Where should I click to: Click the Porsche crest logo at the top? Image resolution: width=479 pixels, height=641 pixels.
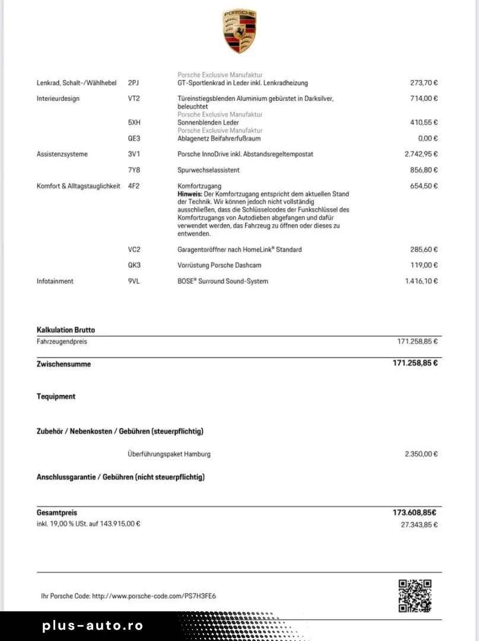(239, 31)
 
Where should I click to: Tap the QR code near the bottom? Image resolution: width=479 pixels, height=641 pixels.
(414, 595)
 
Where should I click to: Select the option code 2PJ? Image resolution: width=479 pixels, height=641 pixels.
(134, 83)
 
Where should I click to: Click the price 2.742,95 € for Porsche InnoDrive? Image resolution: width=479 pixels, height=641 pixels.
(421, 154)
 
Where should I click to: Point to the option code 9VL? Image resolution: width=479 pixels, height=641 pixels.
(134, 281)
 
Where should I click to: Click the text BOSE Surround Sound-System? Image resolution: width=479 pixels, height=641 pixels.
(223, 281)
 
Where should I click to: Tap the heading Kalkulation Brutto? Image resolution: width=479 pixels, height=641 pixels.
(66, 330)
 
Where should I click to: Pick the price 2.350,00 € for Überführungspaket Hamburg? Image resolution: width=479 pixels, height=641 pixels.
(421, 454)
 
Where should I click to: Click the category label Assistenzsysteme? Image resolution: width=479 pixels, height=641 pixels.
(62, 154)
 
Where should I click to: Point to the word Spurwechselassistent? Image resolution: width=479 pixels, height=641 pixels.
(208, 170)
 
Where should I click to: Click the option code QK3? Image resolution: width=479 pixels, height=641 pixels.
(134, 265)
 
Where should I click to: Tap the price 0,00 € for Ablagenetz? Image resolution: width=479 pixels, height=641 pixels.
(427, 138)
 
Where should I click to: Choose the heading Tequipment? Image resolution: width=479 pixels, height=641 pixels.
(56, 396)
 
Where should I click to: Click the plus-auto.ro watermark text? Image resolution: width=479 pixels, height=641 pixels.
(93, 626)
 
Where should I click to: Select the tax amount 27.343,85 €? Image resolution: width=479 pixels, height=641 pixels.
(419, 525)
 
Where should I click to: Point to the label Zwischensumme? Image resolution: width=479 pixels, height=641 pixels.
(64, 364)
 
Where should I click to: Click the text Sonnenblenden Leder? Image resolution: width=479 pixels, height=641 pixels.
(208, 122)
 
